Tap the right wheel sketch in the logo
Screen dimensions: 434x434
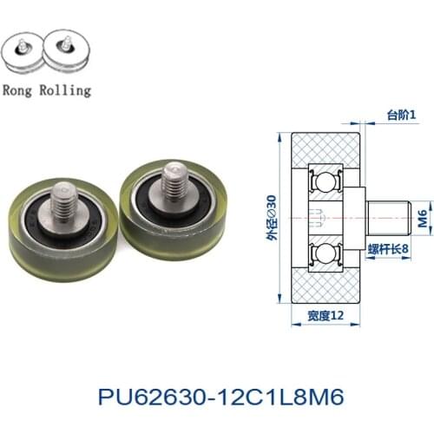click(69, 54)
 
